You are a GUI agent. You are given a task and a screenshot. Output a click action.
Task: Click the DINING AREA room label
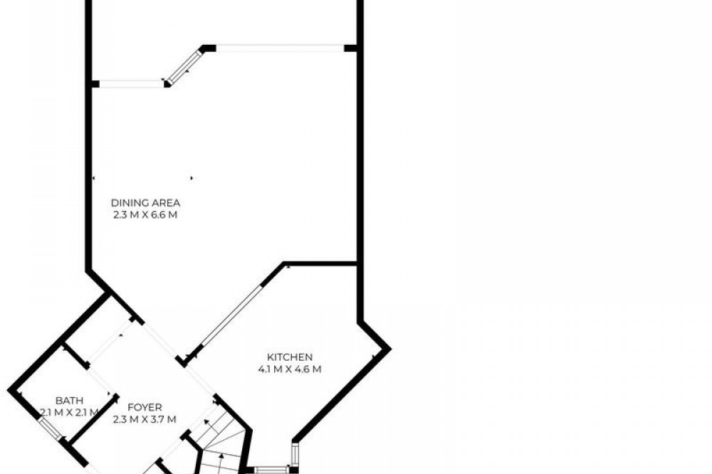145,203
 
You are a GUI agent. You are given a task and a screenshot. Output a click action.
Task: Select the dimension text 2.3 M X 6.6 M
145,215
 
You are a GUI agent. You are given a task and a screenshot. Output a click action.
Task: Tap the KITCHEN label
290,357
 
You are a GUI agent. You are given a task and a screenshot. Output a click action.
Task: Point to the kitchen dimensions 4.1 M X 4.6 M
290,369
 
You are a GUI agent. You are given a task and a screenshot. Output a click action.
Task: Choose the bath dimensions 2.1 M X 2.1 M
70,413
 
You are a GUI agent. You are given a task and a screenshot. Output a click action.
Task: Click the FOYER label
145,408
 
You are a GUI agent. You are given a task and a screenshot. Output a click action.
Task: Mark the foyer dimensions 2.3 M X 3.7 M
145,419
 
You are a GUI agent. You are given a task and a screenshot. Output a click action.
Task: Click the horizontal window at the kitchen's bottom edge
271,470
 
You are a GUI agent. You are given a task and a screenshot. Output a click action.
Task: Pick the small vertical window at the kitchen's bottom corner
295,453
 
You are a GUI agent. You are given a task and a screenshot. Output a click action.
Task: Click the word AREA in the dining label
165,203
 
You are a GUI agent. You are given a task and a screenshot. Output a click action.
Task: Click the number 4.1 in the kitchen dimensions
264,369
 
